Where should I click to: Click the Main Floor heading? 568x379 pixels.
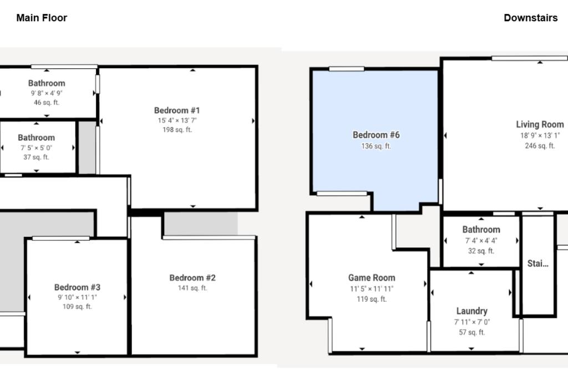(42, 18)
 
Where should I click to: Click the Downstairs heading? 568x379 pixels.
(531, 18)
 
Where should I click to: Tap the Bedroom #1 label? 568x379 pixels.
(177, 110)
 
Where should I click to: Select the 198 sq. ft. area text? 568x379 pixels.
(177, 130)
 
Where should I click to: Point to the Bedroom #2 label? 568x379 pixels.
(192, 278)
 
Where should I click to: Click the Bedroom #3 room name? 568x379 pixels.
(77, 287)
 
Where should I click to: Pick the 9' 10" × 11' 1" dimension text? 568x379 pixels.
(77, 297)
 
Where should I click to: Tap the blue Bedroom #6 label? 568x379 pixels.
(376, 135)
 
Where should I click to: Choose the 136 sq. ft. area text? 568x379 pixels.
(376, 146)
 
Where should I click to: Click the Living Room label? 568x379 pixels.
(540, 125)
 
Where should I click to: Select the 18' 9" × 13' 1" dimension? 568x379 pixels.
(540, 135)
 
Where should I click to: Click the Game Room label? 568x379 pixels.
(372, 278)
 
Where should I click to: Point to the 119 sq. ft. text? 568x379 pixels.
(372, 299)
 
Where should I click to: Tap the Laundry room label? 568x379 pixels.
(471, 311)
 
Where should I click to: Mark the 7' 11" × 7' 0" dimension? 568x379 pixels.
(471, 322)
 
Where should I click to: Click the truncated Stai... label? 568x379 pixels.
(537, 264)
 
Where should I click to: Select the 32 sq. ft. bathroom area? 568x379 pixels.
(481, 251)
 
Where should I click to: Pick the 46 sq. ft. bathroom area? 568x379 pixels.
(47, 103)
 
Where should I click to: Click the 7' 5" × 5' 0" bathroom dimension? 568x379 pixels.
(36, 148)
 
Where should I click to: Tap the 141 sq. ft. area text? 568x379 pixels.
(192, 288)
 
